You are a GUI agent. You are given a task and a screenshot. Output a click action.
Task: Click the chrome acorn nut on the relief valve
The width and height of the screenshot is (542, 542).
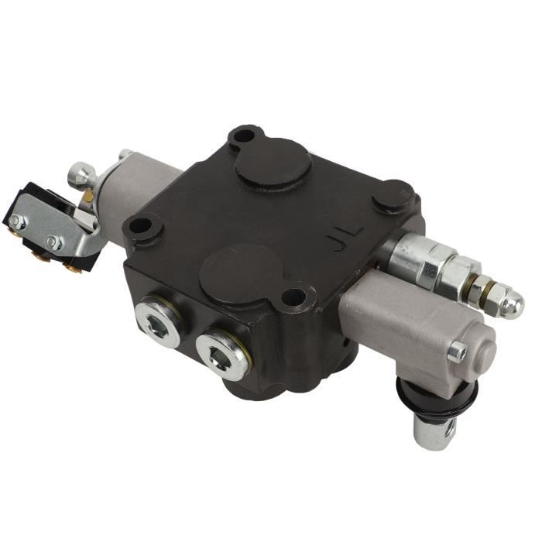click(x=509, y=304)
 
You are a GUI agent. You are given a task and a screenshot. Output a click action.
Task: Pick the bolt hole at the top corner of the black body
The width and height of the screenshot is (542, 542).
click(x=243, y=138)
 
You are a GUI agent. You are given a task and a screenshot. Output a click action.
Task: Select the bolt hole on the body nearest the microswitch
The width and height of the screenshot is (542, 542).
click(x=140, y=227)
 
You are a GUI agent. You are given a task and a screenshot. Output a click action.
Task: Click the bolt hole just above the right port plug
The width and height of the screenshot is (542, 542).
click(x=293, y=297)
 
